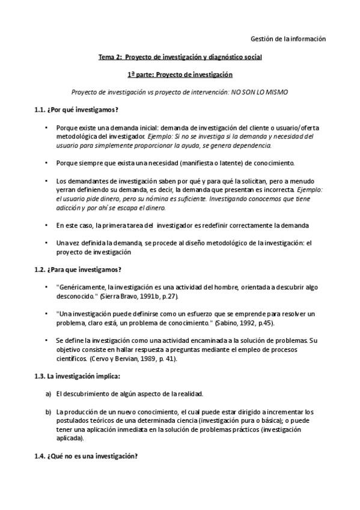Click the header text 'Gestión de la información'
[287, 38]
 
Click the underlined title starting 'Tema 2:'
[180, 57]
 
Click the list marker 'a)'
[47, 394]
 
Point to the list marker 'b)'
[47, 412]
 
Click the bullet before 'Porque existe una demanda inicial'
[47, 128]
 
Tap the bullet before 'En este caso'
[47, 226]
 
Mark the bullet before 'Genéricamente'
[47, 287]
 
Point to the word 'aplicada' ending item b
[69, 439]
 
